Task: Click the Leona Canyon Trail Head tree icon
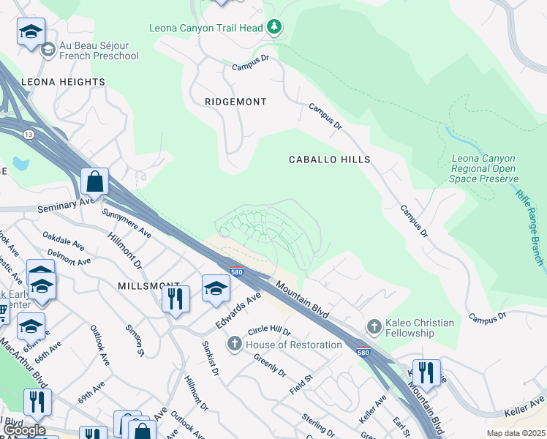click(274, 28)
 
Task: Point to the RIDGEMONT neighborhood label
click(235, 102)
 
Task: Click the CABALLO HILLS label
click(329, 159)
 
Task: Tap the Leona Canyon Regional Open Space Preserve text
click(483, 168)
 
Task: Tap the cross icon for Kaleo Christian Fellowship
click(374, 326)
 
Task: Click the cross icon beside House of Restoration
click(235, 343)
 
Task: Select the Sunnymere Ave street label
click(126, 225)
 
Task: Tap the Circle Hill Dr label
click(269, 331)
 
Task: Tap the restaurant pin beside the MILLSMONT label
click(176, 298)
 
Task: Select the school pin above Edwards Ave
click(216, 287)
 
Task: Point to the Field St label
click(301, 383)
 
